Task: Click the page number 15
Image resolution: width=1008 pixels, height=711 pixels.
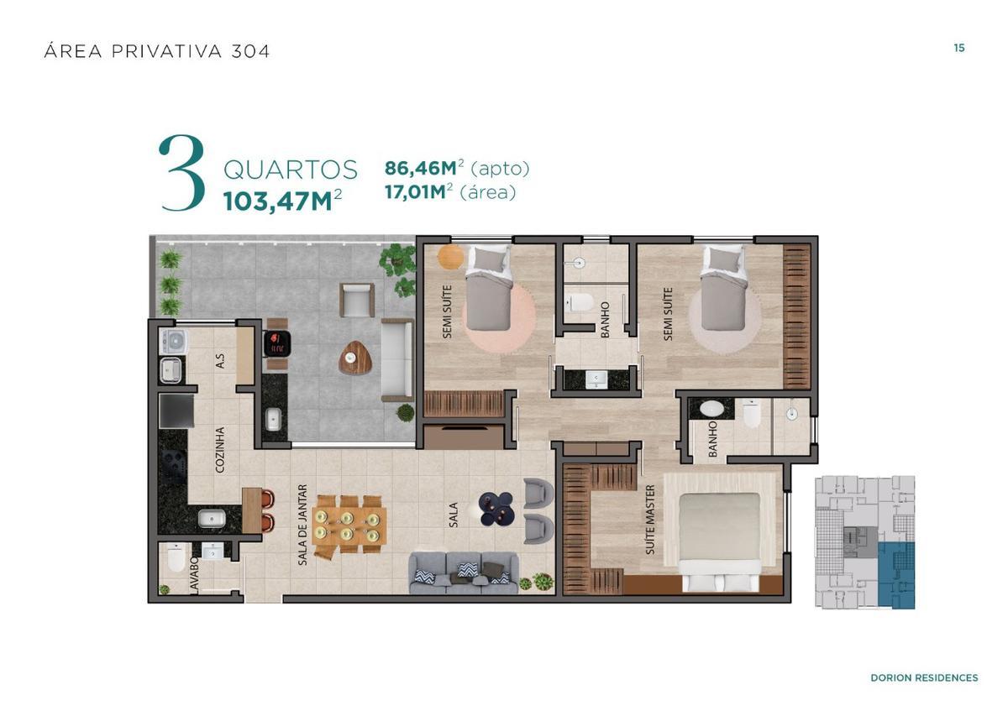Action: (958, 48)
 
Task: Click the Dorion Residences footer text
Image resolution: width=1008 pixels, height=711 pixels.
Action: (923, 677)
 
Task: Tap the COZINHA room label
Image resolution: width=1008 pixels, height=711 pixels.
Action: (220, 450)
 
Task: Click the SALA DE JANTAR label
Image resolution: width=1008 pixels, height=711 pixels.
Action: (302, 525)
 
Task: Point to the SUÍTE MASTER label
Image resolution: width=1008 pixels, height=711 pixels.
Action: (650, 520)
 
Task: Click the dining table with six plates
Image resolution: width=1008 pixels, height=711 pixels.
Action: (349, 525)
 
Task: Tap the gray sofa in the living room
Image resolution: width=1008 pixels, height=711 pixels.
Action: (464, 573)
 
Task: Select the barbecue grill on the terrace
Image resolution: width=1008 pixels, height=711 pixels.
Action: (276, 342)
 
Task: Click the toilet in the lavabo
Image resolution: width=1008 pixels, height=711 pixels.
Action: (176, 557)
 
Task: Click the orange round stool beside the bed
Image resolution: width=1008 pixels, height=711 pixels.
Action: (450, 256)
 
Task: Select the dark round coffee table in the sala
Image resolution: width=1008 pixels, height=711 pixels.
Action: (496, 509)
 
